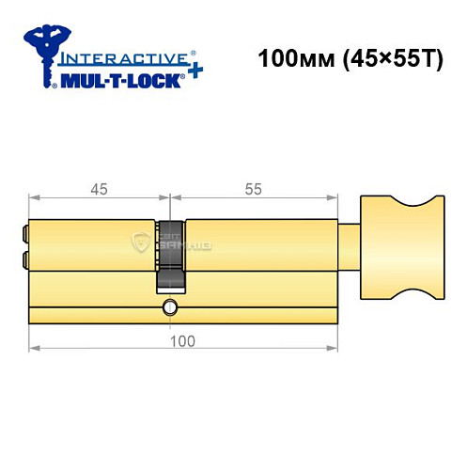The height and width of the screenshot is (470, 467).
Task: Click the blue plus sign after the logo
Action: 194,73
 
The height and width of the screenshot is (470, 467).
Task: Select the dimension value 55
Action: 254,189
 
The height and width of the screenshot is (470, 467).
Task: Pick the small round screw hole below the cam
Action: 170,307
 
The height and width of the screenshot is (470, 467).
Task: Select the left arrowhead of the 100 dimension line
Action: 36,350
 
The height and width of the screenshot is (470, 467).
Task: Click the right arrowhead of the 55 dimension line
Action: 333,198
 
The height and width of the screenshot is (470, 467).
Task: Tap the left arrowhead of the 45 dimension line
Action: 36,198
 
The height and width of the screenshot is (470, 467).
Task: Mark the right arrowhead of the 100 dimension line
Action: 333,350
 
